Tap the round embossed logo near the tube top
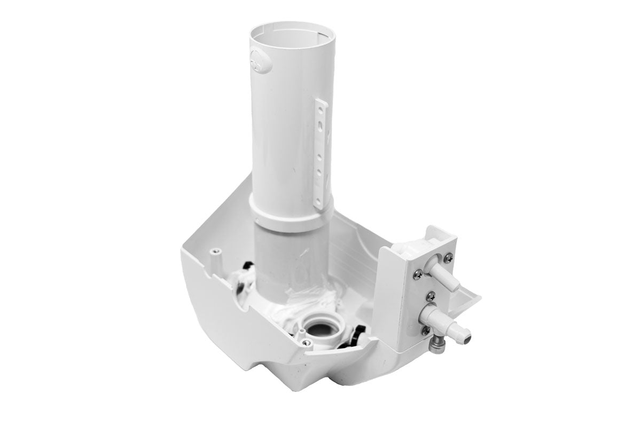coord(256,64)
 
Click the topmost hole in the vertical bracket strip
coord(319,109)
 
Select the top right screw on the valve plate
coord(447,258)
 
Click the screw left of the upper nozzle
coord(418,274)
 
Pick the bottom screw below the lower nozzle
coord(425,330)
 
